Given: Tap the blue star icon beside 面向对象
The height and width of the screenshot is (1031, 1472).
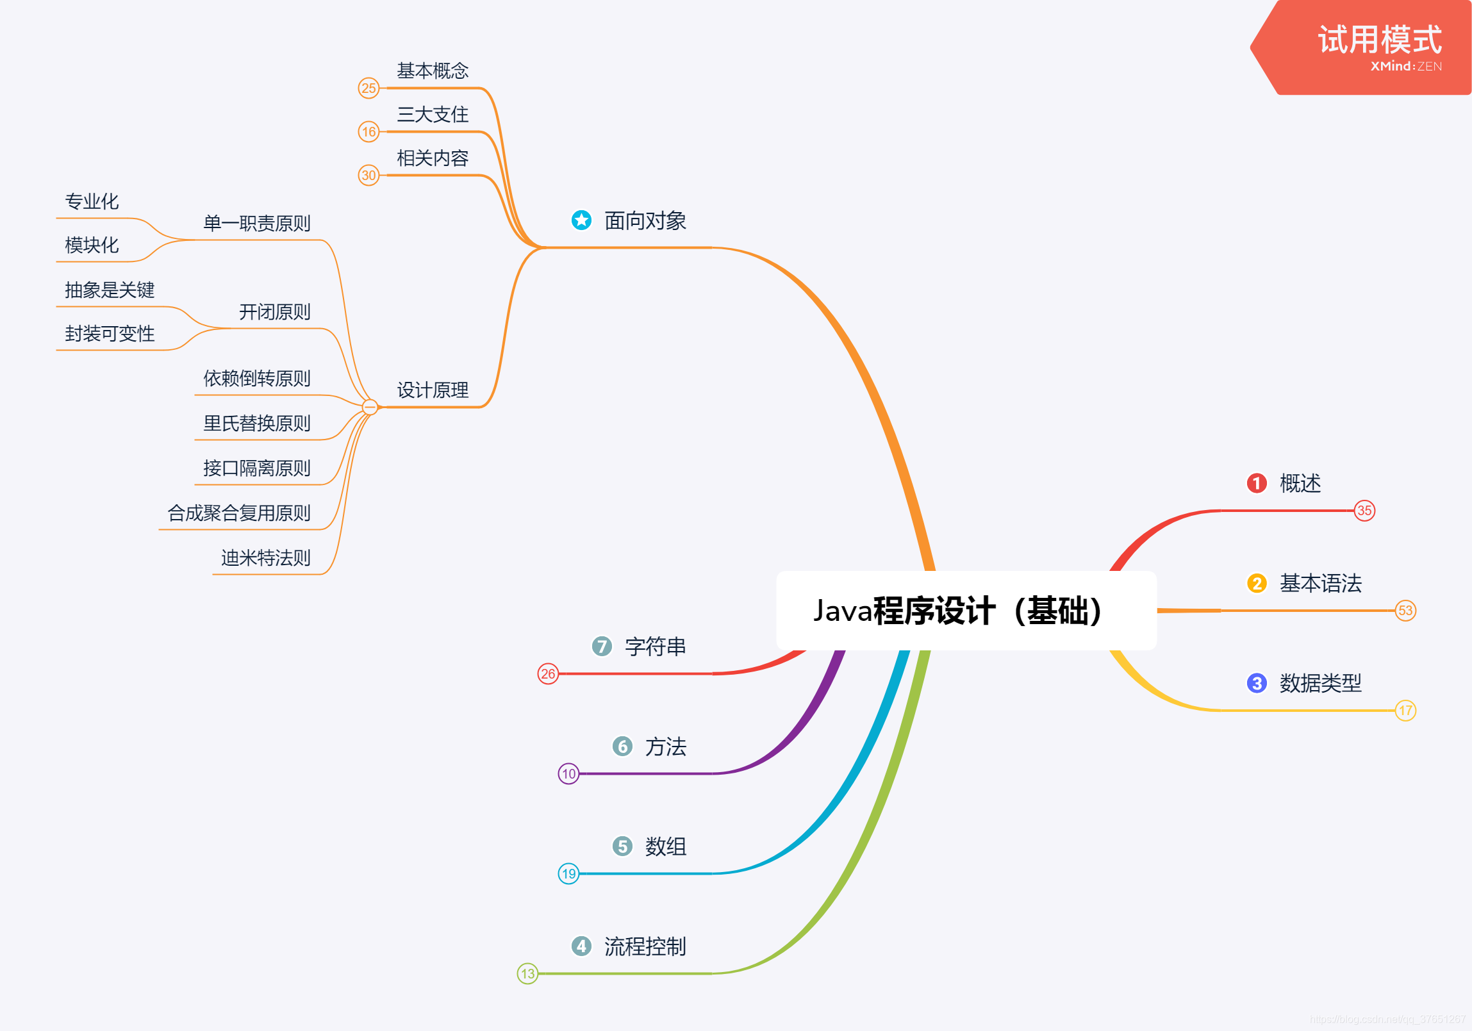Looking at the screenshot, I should point(581,220).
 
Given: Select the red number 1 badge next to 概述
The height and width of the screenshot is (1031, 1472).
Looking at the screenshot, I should point(1256,483).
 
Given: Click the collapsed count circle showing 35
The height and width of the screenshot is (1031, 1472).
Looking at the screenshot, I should point(1364,511).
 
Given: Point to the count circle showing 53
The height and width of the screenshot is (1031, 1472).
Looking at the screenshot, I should point(1405,611).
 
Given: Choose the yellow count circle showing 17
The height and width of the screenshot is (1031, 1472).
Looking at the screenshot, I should point(1405,711).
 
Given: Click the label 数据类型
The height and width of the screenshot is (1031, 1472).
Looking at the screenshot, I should point(1320,684).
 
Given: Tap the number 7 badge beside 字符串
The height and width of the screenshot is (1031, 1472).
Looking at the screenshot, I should point(601,647).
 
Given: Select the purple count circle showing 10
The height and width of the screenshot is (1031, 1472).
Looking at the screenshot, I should point(568,774).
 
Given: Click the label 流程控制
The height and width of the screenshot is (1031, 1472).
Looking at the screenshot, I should point(645,947).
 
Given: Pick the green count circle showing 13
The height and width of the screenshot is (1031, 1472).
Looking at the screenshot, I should point(527,974).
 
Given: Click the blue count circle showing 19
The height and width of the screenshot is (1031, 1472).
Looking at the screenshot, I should point(568,874).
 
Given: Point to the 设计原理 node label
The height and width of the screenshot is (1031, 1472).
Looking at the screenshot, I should point(433,390).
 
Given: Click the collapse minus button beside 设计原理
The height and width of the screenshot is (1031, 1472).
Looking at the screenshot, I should point(370,407).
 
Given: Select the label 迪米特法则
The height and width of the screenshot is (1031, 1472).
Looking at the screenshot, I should point(265,558).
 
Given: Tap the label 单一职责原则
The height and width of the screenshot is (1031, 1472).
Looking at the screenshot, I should point(256,223).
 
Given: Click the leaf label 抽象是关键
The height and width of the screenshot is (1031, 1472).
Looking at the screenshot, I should point(110,290).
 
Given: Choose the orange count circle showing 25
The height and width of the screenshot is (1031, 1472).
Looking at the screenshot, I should point(368,88).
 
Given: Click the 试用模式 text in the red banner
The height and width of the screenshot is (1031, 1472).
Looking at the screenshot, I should point(1380,40).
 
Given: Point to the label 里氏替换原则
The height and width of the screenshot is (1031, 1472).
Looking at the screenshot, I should point(256,423).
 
